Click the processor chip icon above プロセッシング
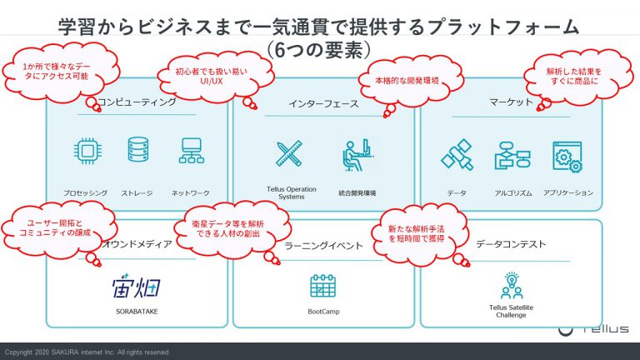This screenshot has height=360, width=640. coord(87,151)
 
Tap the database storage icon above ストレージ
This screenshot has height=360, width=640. coord(138,150)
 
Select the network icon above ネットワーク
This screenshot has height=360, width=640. coord(191,151)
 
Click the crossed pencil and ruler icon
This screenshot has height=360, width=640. coord(289,153)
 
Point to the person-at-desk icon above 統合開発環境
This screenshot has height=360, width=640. coord(357,155)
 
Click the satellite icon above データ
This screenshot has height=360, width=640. coord(457,155)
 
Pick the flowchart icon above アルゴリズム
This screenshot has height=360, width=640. coord(512,156)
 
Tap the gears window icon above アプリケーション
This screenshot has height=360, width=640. coord(567,157)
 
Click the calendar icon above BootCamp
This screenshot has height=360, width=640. coord(322,286)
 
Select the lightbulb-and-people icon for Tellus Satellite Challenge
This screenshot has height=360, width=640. coord(512,285)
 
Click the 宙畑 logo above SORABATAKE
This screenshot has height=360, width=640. coord(137,286)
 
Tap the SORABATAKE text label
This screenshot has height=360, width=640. coord(137,312)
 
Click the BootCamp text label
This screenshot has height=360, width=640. coord(323,312)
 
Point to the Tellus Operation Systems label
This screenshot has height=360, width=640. coord(292,192)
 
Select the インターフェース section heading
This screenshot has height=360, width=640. coord(323,104)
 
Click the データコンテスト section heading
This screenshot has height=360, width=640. coord(511,244)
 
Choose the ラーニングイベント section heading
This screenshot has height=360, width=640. coord(323,245)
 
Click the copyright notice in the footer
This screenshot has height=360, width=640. coord(87,352)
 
